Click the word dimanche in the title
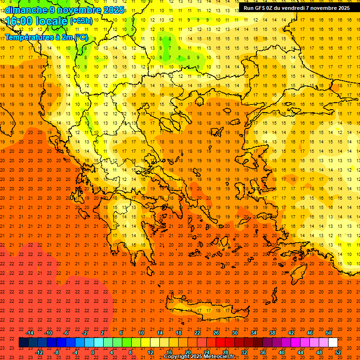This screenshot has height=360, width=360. [26, 10]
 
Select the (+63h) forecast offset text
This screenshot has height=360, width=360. [81, 21]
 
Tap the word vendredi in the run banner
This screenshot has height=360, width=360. [306, 8]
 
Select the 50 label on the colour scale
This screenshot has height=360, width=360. [329, 333]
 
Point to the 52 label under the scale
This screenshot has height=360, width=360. [338, 352]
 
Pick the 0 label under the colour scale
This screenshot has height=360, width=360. [93, 352]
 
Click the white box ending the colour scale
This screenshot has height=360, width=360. [333, 343]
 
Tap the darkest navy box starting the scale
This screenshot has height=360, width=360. [23, 343]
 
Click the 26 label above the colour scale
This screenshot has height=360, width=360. [216, 333]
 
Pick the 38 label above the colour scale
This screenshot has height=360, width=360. [272, 333]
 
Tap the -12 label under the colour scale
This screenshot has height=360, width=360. [39, 352]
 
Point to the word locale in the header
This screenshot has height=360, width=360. [51, 21]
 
